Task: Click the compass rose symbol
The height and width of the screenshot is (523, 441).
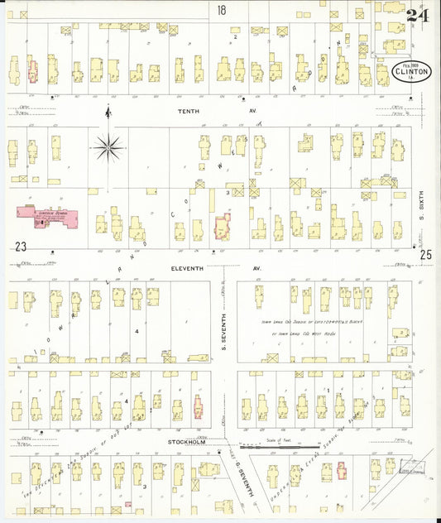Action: (x=108, y=147)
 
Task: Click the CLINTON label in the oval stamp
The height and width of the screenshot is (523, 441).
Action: (x=410, y=74)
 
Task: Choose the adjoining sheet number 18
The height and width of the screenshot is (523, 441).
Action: (x=221, y=10)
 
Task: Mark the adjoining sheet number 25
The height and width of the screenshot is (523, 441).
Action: (x=425, y=255)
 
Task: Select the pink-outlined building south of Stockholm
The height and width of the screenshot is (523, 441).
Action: (x=327, y=472)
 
